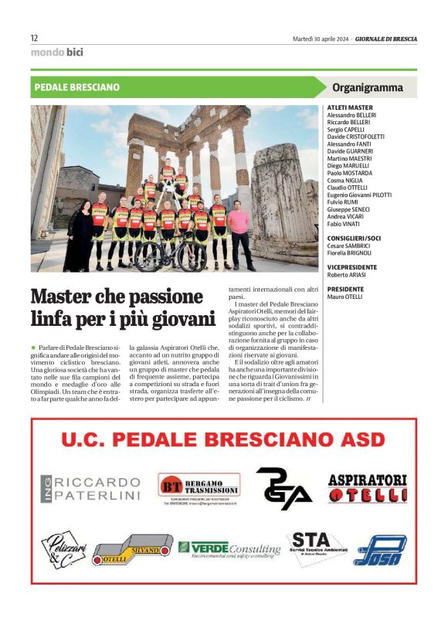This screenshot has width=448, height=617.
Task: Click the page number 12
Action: click(x=34, y=38)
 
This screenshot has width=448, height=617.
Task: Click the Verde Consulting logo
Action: click(x=229, y=548)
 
